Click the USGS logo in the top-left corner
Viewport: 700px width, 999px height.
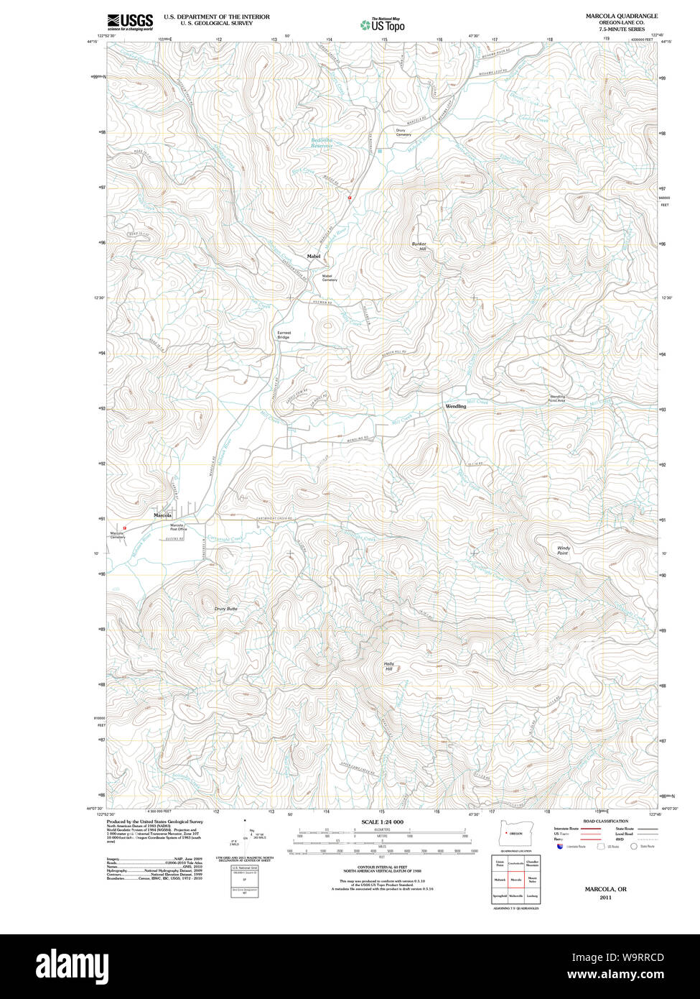pos(130,22)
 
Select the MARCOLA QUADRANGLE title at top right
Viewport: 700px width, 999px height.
pos(621,16)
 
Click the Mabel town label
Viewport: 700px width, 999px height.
pos(314,257)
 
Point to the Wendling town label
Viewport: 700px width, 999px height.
pos(456,406)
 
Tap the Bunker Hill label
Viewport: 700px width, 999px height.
pos(419,247)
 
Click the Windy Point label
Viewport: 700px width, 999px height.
pos(563,551)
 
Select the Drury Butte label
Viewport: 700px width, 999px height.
pos(225,609)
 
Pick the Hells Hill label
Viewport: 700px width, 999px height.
pos(389,666)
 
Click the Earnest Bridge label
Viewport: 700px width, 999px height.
pos(284,335)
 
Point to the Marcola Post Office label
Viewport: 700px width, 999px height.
pos(177,528)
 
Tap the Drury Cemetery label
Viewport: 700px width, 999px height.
pos(403,132)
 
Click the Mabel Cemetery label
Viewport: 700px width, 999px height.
pos(328,277)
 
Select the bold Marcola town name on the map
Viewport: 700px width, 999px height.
pos(163,515)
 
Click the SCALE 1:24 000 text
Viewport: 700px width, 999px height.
pos(382,821)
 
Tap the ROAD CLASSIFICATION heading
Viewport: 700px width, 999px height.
pos(605,821)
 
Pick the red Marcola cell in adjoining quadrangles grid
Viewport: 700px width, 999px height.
pos(515,879)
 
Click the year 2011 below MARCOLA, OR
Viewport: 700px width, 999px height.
pos(605,898)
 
